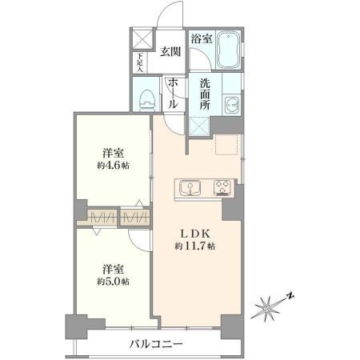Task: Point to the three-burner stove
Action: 221,189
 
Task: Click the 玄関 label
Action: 170,52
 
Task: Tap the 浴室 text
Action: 201,38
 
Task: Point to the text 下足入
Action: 139,61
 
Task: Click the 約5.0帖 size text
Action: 112,281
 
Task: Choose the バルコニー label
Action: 156,345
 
